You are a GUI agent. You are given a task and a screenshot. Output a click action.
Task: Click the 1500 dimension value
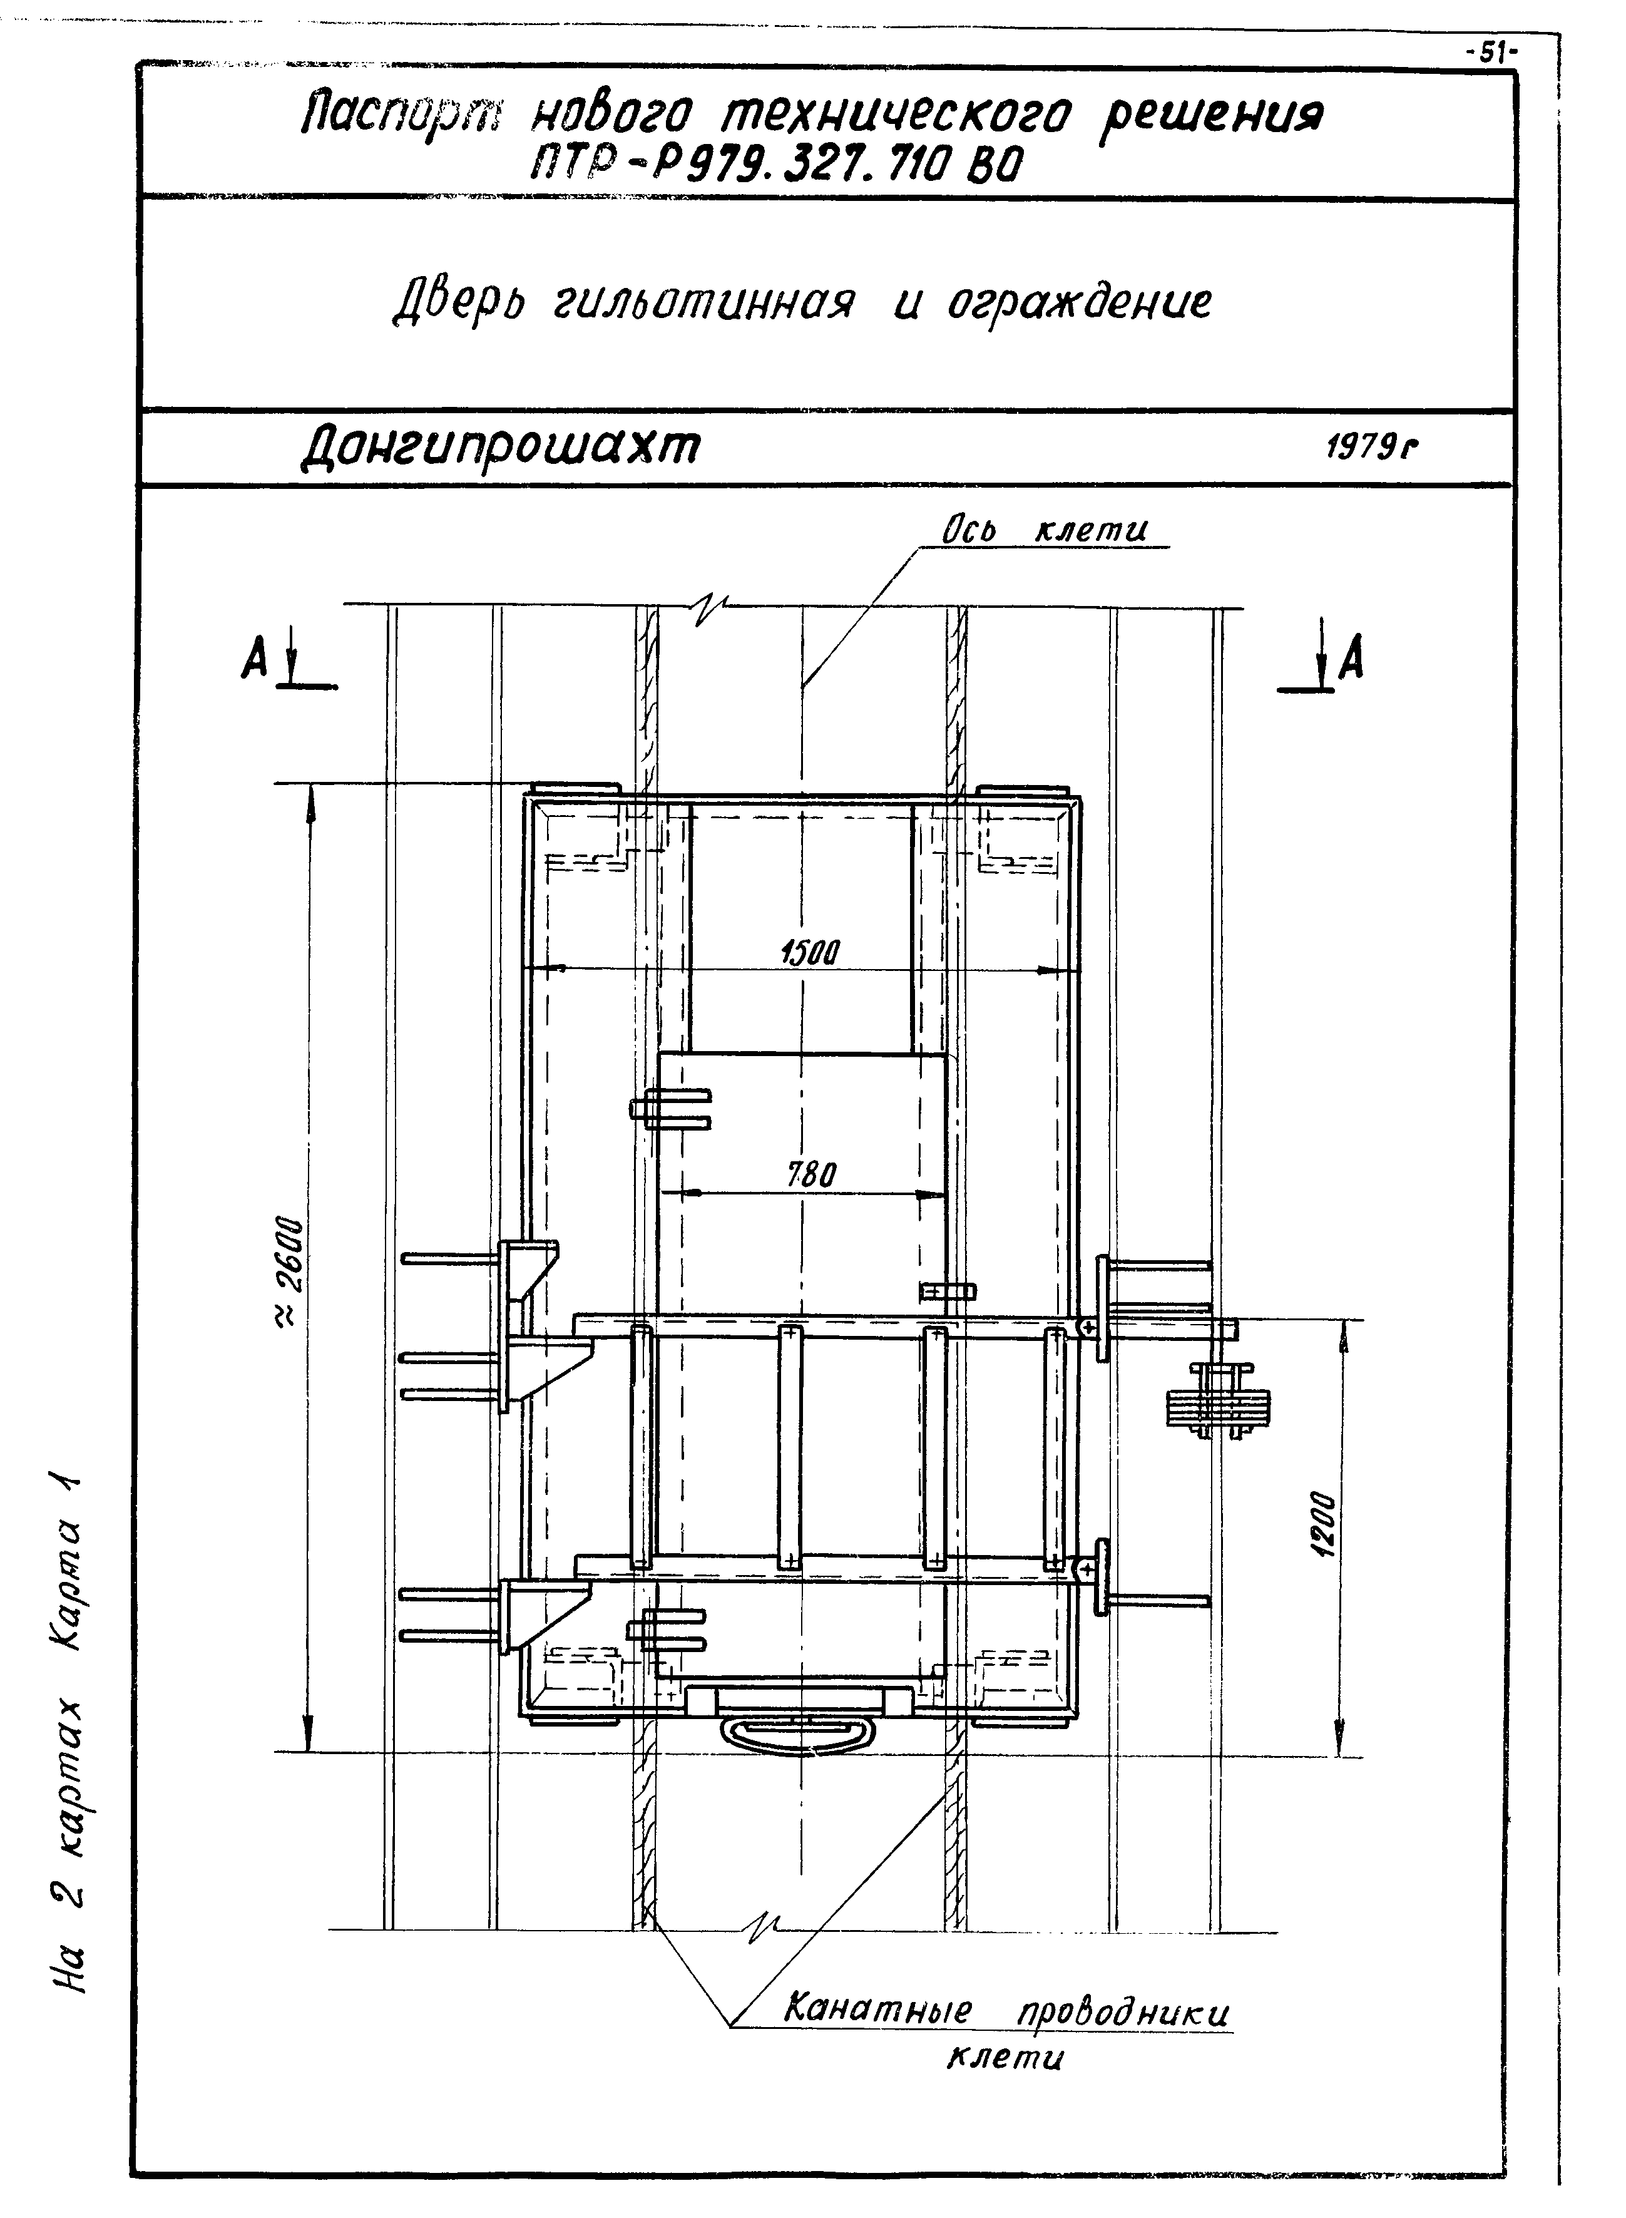click(809, 952)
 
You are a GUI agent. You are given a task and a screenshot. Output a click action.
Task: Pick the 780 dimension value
click(811, 1176)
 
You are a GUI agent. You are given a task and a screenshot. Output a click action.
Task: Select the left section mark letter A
click(254, 657)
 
